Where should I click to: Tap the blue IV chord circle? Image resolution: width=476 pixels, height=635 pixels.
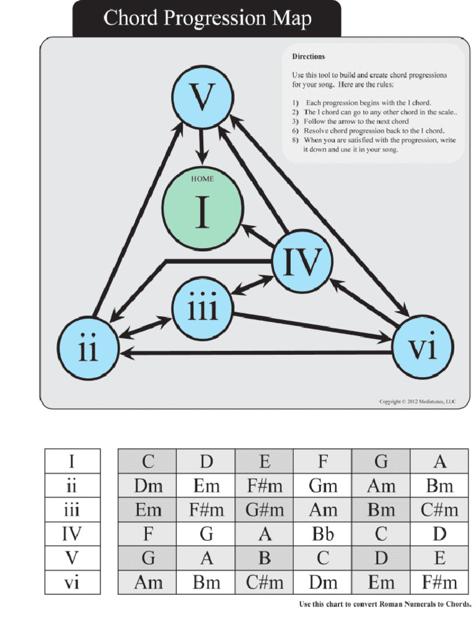click(x=302, y=262)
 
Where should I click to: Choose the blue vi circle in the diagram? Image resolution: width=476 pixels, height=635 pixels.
click(x=423, y=347)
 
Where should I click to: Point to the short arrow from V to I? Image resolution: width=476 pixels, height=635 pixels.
click(x=200, y=146)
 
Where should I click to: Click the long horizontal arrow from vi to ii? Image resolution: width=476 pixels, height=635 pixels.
click(x=254, y=353)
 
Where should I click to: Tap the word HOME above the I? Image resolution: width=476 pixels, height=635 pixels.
click(x=202, y=179)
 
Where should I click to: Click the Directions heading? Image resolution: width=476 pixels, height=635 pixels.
click(x=309, y=56)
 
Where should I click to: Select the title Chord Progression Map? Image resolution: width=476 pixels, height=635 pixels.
click(x=207, y=19)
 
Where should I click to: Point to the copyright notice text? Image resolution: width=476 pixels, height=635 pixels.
click(x=416, y=402)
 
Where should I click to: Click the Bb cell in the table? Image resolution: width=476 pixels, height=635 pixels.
click(x=322, y=534)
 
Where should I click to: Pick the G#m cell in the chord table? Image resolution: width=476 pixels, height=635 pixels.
click(x=264, y=510)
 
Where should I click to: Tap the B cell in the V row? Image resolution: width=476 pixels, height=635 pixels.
click(x=264, y=558)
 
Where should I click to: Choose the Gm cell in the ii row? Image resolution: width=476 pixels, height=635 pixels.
click(x=322, y=486)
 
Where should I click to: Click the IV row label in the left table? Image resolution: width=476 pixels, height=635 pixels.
click(x=72, y=534)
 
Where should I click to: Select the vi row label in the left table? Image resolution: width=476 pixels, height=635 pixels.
click(x=72, y=582)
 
